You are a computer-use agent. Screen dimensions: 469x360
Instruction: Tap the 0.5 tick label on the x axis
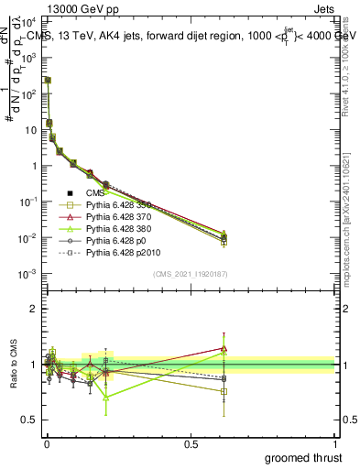coord(191,444)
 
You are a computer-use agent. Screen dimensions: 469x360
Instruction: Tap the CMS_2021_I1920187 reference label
coord(190,274)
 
